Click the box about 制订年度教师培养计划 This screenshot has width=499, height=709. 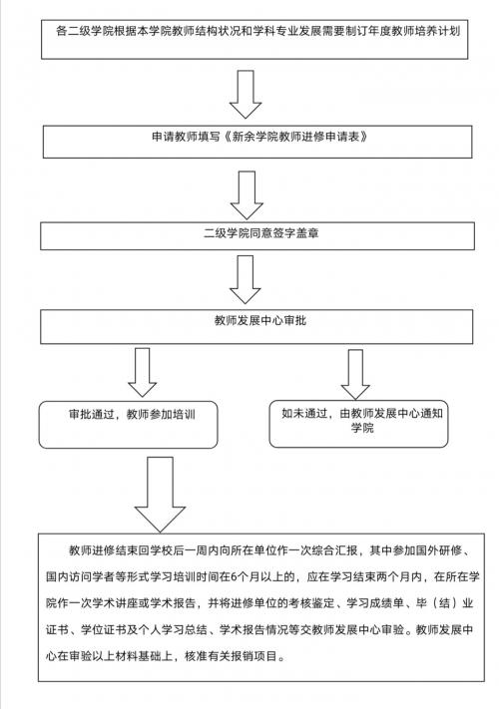tap(254, 39)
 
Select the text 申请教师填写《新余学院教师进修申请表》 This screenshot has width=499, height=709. tap(259, 137)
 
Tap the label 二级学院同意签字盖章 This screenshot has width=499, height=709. tap(261, 233)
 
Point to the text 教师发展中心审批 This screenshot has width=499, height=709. tap(260, 320)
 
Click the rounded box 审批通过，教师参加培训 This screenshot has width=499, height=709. tap(128, 425)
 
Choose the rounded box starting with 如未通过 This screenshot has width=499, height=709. tap(358, 424)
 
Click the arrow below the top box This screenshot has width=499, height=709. tap(246, 95)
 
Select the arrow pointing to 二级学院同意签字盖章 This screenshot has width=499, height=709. tap(247, 195)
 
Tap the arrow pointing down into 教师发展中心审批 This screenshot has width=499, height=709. tap(246, 279)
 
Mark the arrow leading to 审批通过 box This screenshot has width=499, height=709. tap(142, 373)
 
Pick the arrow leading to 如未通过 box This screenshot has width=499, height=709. tap(355, 374)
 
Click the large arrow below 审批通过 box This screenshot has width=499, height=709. tap(160, 495)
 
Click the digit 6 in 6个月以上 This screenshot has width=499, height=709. tap(234, 577)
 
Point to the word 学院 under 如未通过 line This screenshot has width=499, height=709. tap(362, 428)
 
